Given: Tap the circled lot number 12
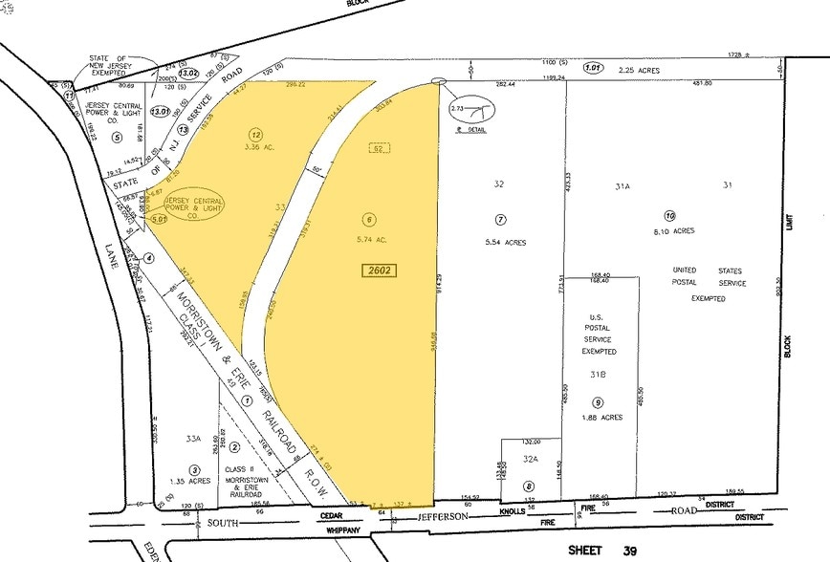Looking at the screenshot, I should coord(255,135).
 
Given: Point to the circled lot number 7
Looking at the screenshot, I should coord(499,219).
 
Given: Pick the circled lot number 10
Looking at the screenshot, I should coord(670,215).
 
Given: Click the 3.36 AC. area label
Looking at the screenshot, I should coord(255,148).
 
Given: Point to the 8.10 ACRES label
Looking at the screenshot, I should coord(671,230).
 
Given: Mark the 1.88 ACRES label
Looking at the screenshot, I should coord(599,417).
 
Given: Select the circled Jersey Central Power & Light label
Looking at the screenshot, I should coord(195,205).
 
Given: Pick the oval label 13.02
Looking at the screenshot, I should coord(187,72).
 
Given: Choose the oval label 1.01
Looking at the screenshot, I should coord(595,68).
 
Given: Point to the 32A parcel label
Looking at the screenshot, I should coord(530,459).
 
